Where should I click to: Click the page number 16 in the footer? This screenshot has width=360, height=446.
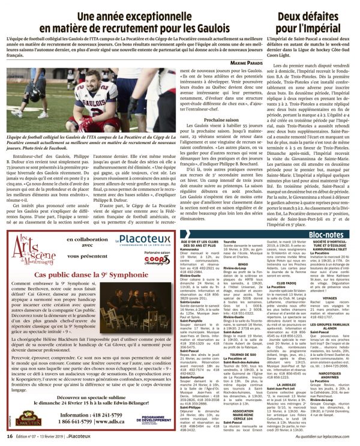click(x=10, y=437)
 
